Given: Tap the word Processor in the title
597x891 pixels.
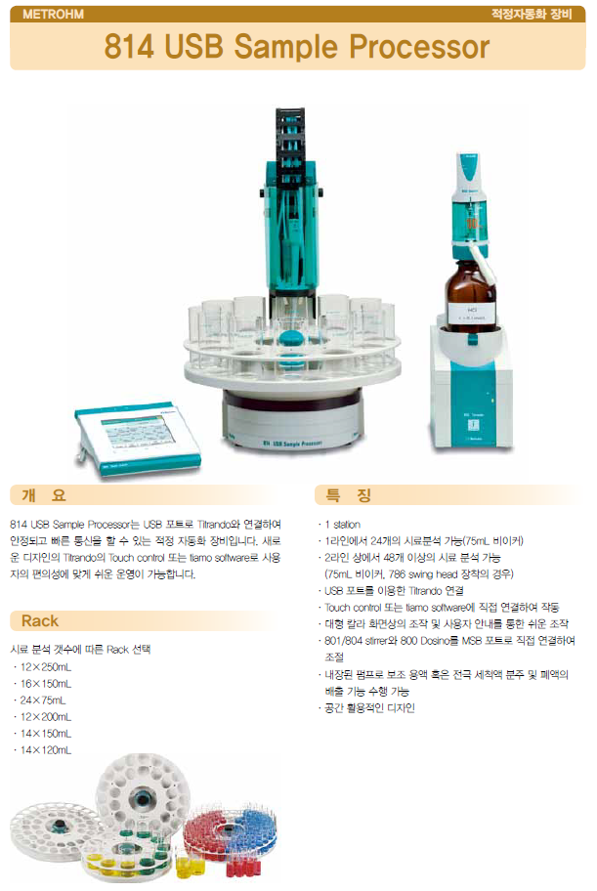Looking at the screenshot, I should point(421,47).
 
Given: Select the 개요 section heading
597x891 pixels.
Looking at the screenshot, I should point(46,495).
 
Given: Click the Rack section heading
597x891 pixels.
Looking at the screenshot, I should point(40,620).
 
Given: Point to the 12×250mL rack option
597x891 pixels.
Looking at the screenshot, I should point(43,666).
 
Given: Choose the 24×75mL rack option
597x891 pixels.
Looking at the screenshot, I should point(41,700).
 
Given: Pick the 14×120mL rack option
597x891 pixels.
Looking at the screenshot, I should point(43,749).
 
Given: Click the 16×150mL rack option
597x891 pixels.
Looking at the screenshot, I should point(43,683).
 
